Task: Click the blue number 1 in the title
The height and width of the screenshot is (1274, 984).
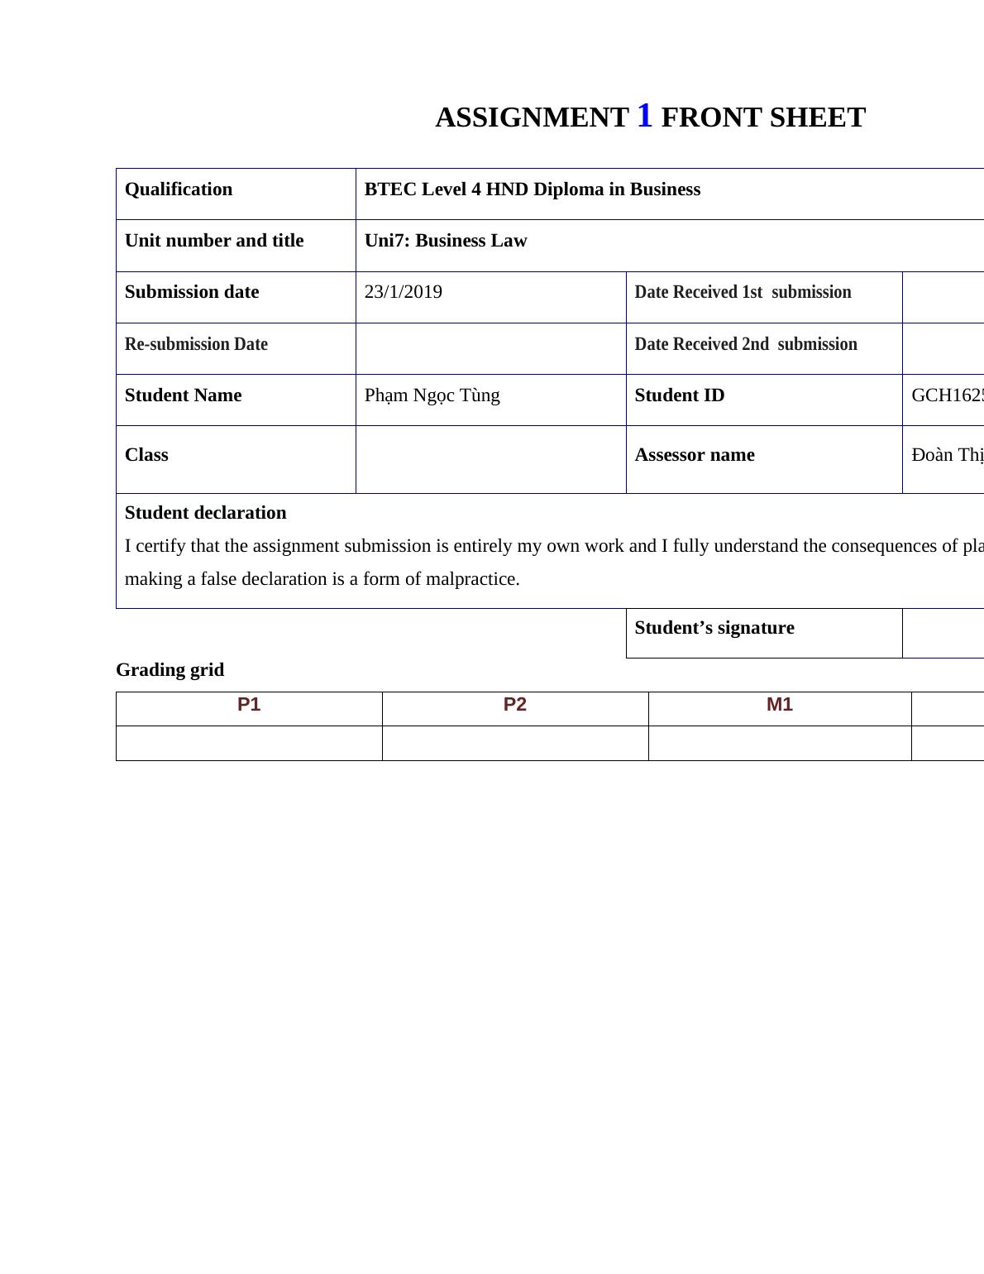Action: click(644, 116)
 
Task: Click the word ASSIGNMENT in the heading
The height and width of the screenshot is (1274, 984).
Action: click(532, 117)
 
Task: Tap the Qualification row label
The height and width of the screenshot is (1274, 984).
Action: click(179, 189)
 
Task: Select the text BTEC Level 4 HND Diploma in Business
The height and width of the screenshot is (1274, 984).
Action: click(532, 189)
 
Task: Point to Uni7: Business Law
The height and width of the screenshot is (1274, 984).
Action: click(445, 241)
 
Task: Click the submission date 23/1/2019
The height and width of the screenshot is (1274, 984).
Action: click(403, 292)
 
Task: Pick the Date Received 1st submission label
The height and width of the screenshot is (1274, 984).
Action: click(742, 292)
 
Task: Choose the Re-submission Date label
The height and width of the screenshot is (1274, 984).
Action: click(196, 344)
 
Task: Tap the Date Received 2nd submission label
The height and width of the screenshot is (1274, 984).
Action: click(745, 344)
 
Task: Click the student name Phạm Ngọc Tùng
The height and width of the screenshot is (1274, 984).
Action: click(432, 395)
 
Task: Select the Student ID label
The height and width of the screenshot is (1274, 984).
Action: click(679, 395)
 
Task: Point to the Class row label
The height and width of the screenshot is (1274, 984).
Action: click(146, 455)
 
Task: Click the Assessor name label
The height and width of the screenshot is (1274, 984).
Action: click(694, 455)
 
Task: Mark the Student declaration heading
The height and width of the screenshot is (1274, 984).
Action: click(205, 513)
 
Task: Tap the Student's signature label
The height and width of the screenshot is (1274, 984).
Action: click(714, 628)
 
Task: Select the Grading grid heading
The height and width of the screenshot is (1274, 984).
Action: click(170, 670)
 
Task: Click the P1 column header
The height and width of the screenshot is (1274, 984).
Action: click(249, 705)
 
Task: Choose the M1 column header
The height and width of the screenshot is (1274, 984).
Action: click(779, 705)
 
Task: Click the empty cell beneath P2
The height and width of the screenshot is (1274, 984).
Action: click(514, 743)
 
